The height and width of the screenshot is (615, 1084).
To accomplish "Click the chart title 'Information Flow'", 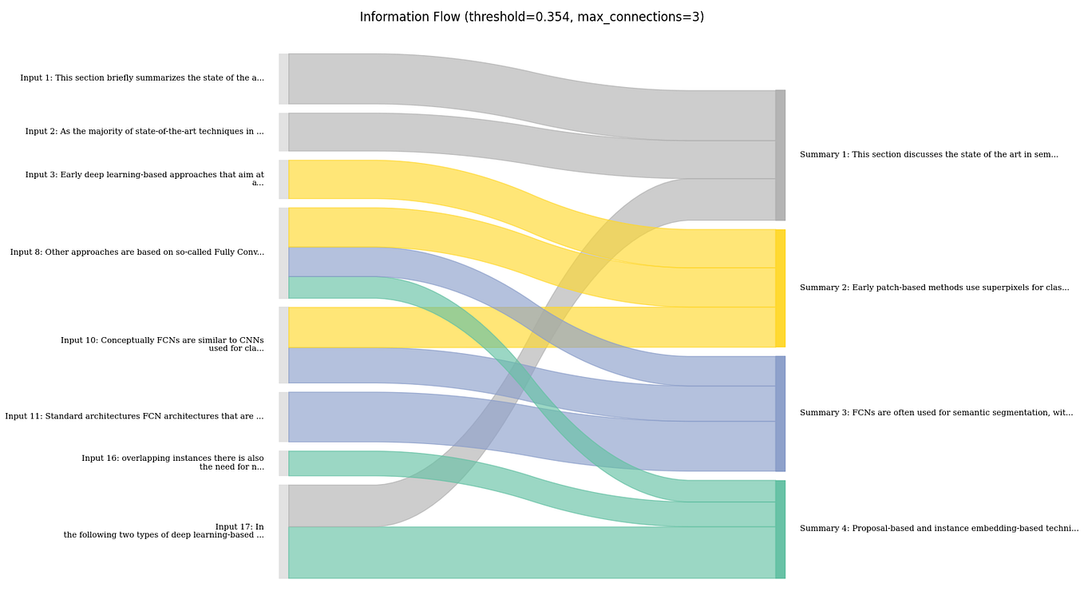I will coord(532,17).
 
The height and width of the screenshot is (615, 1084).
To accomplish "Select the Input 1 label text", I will coord(142,78).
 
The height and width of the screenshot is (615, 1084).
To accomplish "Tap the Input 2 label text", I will coord(144,132).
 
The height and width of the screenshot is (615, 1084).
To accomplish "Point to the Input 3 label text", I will coord(144,179).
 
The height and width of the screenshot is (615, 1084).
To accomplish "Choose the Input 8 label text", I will coord(137,252).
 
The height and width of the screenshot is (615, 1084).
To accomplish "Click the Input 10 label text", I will coord(162,344).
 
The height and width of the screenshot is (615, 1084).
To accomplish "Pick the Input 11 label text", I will coord(134,416).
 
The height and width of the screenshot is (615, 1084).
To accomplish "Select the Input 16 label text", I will coord(172,462).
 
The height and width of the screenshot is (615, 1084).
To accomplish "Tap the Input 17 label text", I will coord(164,531).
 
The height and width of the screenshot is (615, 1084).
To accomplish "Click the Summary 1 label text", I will coord(928,155).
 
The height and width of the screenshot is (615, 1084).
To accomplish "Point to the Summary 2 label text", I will coord(934,288).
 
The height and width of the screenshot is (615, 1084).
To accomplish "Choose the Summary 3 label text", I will coord(936,413).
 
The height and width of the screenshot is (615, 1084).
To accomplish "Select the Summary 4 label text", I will coord(939,529).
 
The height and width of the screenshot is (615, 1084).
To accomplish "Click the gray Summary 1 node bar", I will coord(780,155).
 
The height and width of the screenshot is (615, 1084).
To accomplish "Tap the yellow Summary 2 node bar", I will coord(780,288).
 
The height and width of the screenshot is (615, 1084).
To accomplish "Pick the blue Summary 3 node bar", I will coord(780,414).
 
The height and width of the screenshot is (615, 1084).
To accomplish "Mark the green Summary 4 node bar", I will coord(780,529).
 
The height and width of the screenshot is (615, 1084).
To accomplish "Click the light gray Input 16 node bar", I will coord(283,463).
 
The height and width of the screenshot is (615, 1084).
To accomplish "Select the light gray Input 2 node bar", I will coord(283,132).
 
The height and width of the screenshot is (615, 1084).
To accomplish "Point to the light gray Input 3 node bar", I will coord(283,180).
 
